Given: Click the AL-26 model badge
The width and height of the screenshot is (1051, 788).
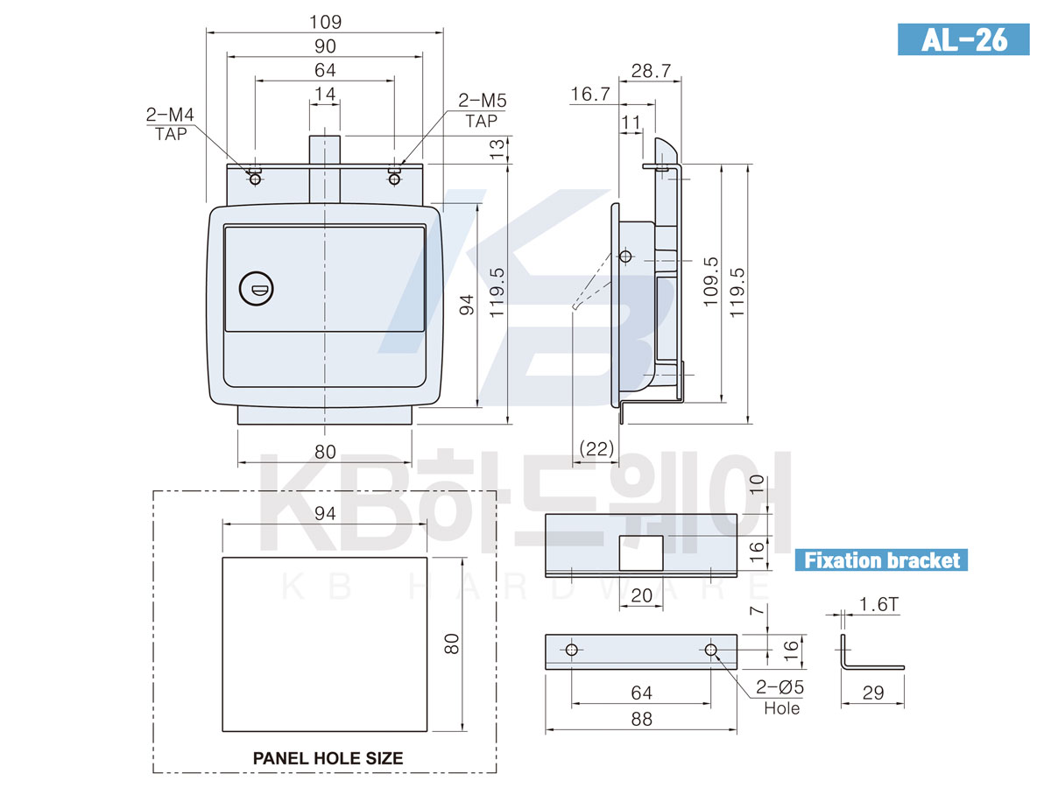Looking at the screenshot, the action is pyautogui.click(x=963, y=39).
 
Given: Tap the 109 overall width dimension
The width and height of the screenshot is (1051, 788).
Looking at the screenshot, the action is pyautogui.click(x=325, y=22).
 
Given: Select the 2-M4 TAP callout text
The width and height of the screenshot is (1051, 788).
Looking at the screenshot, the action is pyautogui.click(x=170, y=124).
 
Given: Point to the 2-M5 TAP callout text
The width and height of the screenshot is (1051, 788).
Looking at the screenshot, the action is pyautogui.click(x=483, y=110).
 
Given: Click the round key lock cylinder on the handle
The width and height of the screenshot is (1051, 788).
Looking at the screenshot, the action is pyautogui.click(x=256, y=289).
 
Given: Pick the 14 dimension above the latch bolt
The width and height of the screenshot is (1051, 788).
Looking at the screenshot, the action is pyautogui.click(x=325, y=94).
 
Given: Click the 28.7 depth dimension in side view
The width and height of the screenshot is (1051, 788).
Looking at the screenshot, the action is pyautogui.click(x=651, y=71).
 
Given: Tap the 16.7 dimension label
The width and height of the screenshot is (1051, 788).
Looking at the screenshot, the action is pyautogui.click(x=590, y=94).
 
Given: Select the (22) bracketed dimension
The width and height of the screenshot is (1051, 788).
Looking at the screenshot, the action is pyautogui.click(x=596, y=448).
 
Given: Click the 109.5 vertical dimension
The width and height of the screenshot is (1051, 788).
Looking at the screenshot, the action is pyautogui.click(x=710, y=281).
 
